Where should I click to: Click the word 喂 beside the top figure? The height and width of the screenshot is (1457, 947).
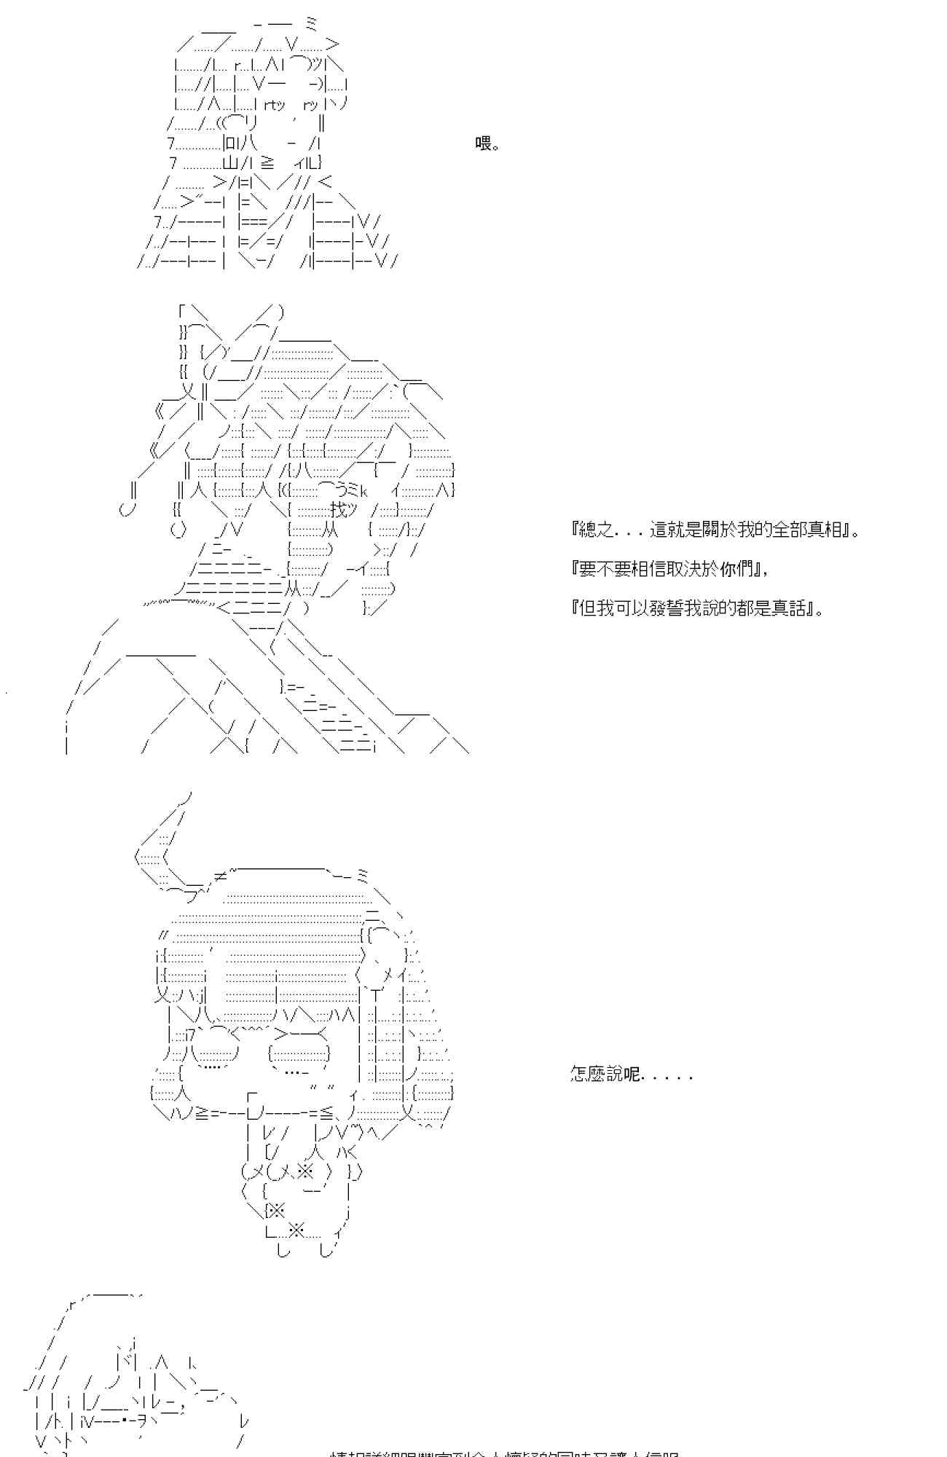(484, 144)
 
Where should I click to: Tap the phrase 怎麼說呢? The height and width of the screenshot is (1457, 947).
(605, 1075)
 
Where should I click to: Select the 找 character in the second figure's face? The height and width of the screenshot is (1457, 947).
(338, 509)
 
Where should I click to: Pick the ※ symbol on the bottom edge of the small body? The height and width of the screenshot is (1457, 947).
(296, 1231)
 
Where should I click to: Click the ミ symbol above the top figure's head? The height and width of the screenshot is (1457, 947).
(312, 24)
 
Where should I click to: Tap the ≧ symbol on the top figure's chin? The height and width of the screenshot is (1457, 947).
(267, 163)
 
